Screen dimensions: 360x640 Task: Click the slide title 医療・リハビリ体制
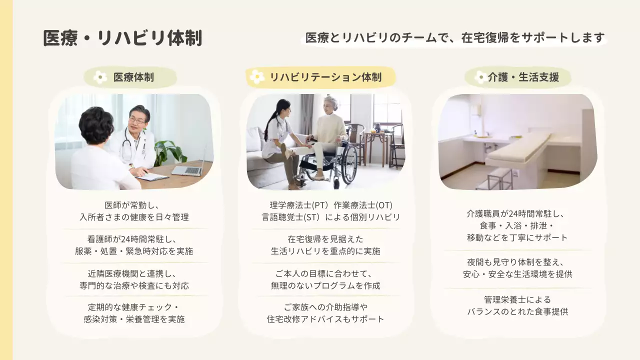coord(122,38)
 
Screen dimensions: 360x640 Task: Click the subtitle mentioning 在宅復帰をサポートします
coord(455,38)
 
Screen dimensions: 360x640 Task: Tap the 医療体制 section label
coord(133,77)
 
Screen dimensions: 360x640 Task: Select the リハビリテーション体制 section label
coord(325,77)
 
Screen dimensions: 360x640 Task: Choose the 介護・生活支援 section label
coord(523,77)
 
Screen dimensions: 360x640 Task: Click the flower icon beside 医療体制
coord(100,77)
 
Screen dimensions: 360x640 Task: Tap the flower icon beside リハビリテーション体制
coord(257,77)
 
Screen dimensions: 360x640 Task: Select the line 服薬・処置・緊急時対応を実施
coord(134,251)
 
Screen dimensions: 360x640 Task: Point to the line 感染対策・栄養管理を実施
coord(134,319)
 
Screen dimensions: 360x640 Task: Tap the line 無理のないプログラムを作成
coord(325,285)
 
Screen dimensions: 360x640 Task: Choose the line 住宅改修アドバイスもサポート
coord(325,319)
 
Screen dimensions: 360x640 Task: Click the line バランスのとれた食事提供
coord(517,311)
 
